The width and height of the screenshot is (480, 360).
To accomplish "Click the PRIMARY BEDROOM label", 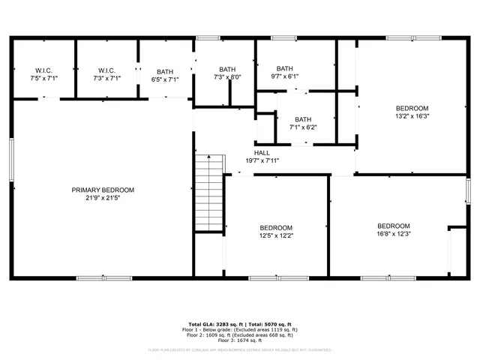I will click(x=103, y=190).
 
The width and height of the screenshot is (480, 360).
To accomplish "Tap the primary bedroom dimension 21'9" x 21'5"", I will click(x=103, y=198).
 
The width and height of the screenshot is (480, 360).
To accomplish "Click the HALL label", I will click(x=262, y=152).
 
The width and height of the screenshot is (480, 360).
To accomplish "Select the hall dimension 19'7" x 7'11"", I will click(x=262, y=160).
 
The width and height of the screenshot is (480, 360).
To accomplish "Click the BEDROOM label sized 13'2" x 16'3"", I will click(x=412, y=108).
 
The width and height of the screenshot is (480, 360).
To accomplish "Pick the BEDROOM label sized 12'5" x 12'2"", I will click(x=276, y=228).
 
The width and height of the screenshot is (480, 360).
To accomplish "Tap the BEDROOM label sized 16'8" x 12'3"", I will click(x=393, y=226).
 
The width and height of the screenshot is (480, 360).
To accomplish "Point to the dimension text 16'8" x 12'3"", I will click(x=393, y=234).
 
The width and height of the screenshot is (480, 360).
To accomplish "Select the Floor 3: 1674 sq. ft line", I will click(x=239, y=340).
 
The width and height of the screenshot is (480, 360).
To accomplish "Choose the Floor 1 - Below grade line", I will click(x=239, y=328).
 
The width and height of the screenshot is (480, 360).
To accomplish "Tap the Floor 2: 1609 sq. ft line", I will click(x=239, y=334).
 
